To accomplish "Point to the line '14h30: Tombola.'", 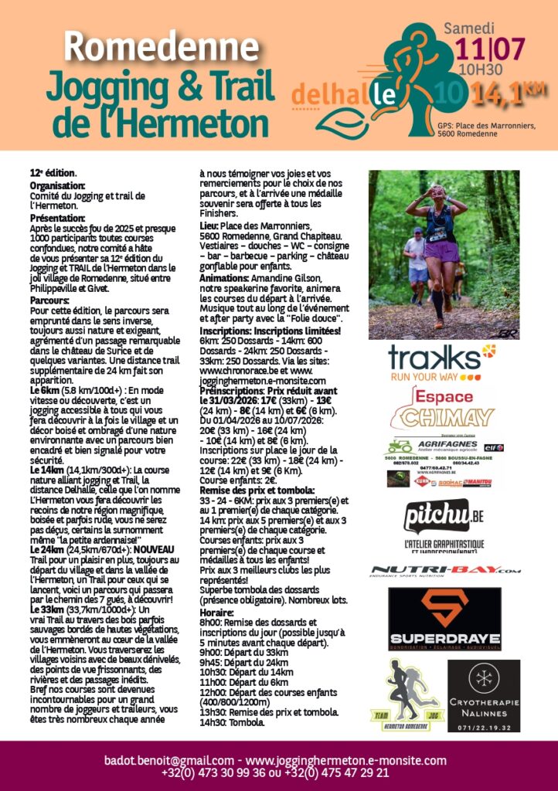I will (x=232, y=722).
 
